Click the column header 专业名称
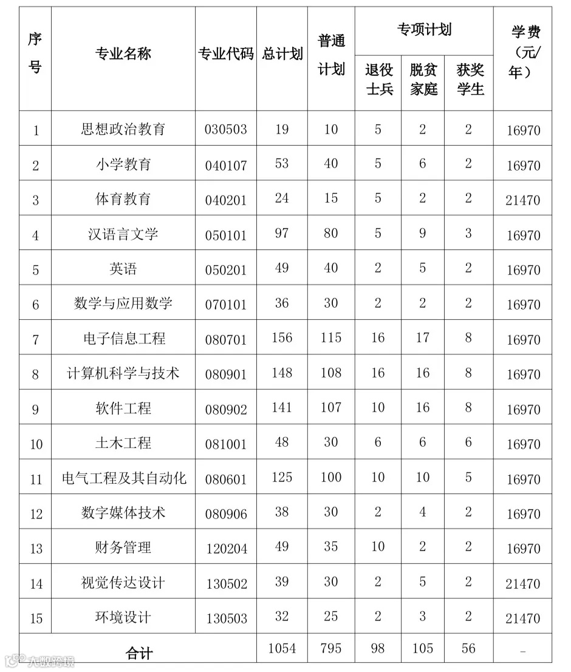123,54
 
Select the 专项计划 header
424,29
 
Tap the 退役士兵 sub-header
378,80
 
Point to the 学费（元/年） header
522,53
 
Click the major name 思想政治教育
123,129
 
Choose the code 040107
226,165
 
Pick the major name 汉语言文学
123,234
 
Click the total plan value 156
282,338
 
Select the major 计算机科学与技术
123,373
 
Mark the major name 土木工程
123,443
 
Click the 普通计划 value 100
331,477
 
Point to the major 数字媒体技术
123,513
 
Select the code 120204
226,549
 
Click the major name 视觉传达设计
123,583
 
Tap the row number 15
36,619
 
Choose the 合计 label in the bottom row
139,653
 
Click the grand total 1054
282,648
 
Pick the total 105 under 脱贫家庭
423,648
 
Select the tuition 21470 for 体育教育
522,200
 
